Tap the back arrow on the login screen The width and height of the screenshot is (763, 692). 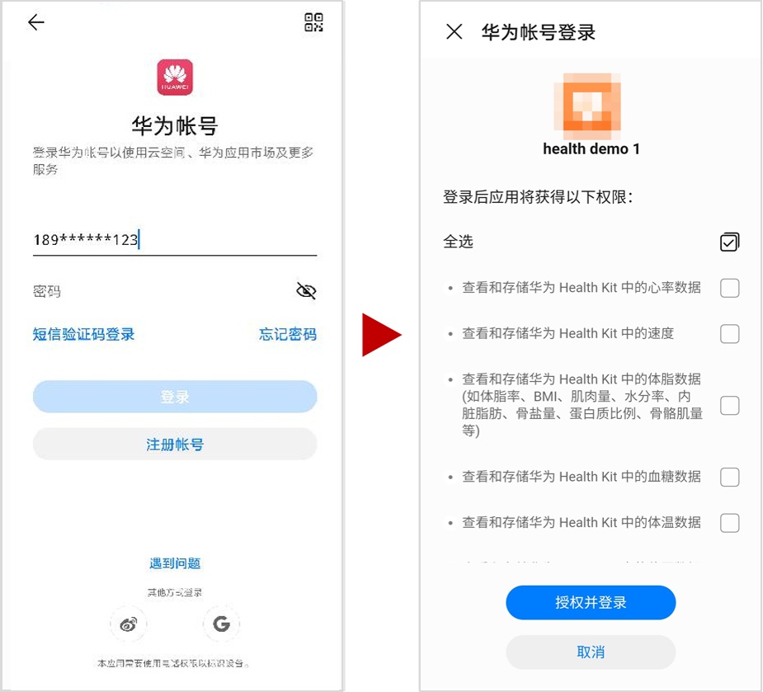pyautogui.click(x=35, y=23)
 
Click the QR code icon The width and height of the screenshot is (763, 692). pyautogui.click(x=313, y=23)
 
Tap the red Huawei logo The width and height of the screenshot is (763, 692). pyautogui.click(x=175, y=77)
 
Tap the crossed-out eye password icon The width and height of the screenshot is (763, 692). pyautogui.click(x=306, y=290)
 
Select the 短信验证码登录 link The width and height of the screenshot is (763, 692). pyautogui.click(x=84, y=334)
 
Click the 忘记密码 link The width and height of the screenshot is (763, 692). pyautogui.click(x=287, y=334)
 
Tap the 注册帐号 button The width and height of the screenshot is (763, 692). pyautogui.click(x=175, y=445)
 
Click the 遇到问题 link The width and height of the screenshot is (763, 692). pyautogui.click(x=175, y=563)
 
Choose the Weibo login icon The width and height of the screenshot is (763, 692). pyautogui.click(x=129, y=624)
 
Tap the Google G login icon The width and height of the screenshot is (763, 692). pyautogui.click(x=221, y=624)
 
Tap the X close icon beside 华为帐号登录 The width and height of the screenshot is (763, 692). pyautogui.click(x=454, y=32)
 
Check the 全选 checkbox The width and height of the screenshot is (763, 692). pyautogui.click(x=729, y=242)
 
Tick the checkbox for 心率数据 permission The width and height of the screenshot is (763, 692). pyautogui.click(x=729, y=288)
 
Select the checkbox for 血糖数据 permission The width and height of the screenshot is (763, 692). pyautogui.click(x=729, y=477)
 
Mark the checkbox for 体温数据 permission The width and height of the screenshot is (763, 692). pyautogui.click(x=729, y=523)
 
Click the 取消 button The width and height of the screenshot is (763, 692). pyautogui.click(x=591, y=652)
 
